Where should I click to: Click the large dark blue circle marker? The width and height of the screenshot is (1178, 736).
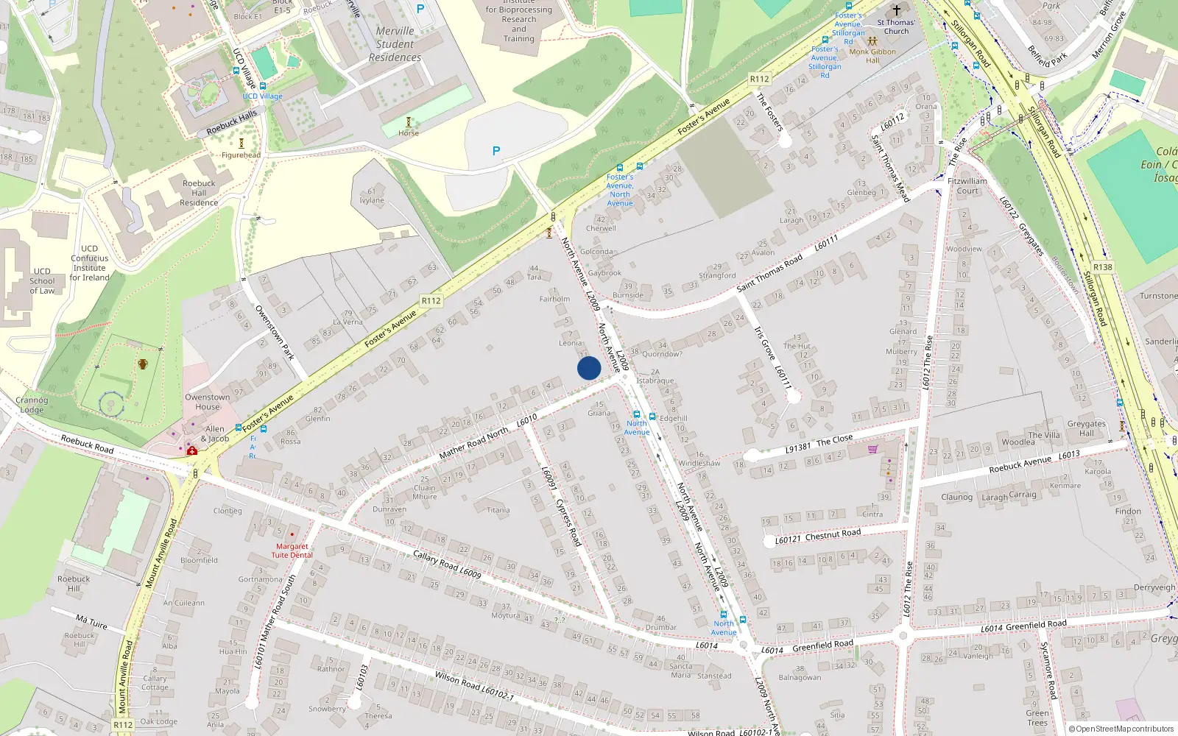(x=589, y=368)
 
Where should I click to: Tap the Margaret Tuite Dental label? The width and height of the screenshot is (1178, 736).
(x=292, y=551)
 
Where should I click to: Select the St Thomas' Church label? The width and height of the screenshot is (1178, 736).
(x=896, y=26)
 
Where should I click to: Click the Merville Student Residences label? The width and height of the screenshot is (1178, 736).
(x=395, y=44)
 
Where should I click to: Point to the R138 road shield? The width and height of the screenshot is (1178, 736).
(x=1102, y=267)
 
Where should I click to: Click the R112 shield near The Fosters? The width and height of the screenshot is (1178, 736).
(x=759, y=79)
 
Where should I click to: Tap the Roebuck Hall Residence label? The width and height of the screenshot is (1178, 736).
(x=199, y=193)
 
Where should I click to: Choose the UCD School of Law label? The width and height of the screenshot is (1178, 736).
(x=42, y=280)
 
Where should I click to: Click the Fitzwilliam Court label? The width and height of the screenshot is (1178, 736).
(x=967, y=185)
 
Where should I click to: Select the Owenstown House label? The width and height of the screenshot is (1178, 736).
(x=208, y=402)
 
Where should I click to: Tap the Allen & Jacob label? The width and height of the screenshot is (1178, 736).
(x=215, y=434)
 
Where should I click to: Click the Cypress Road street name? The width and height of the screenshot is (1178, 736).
(x=568, y=522)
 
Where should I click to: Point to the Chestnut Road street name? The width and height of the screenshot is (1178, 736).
(x=833, y=534)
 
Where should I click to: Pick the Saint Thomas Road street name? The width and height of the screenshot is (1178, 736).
(x=769, y=273)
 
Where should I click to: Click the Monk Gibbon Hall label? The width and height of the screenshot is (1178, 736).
(x=872, y=56)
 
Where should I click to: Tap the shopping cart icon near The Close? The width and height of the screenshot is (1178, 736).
(x=872, y=448)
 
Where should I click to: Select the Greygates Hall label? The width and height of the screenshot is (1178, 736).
(x=1086, y=428)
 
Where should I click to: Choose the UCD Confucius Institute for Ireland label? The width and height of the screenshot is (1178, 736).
(x=89, y=263)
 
